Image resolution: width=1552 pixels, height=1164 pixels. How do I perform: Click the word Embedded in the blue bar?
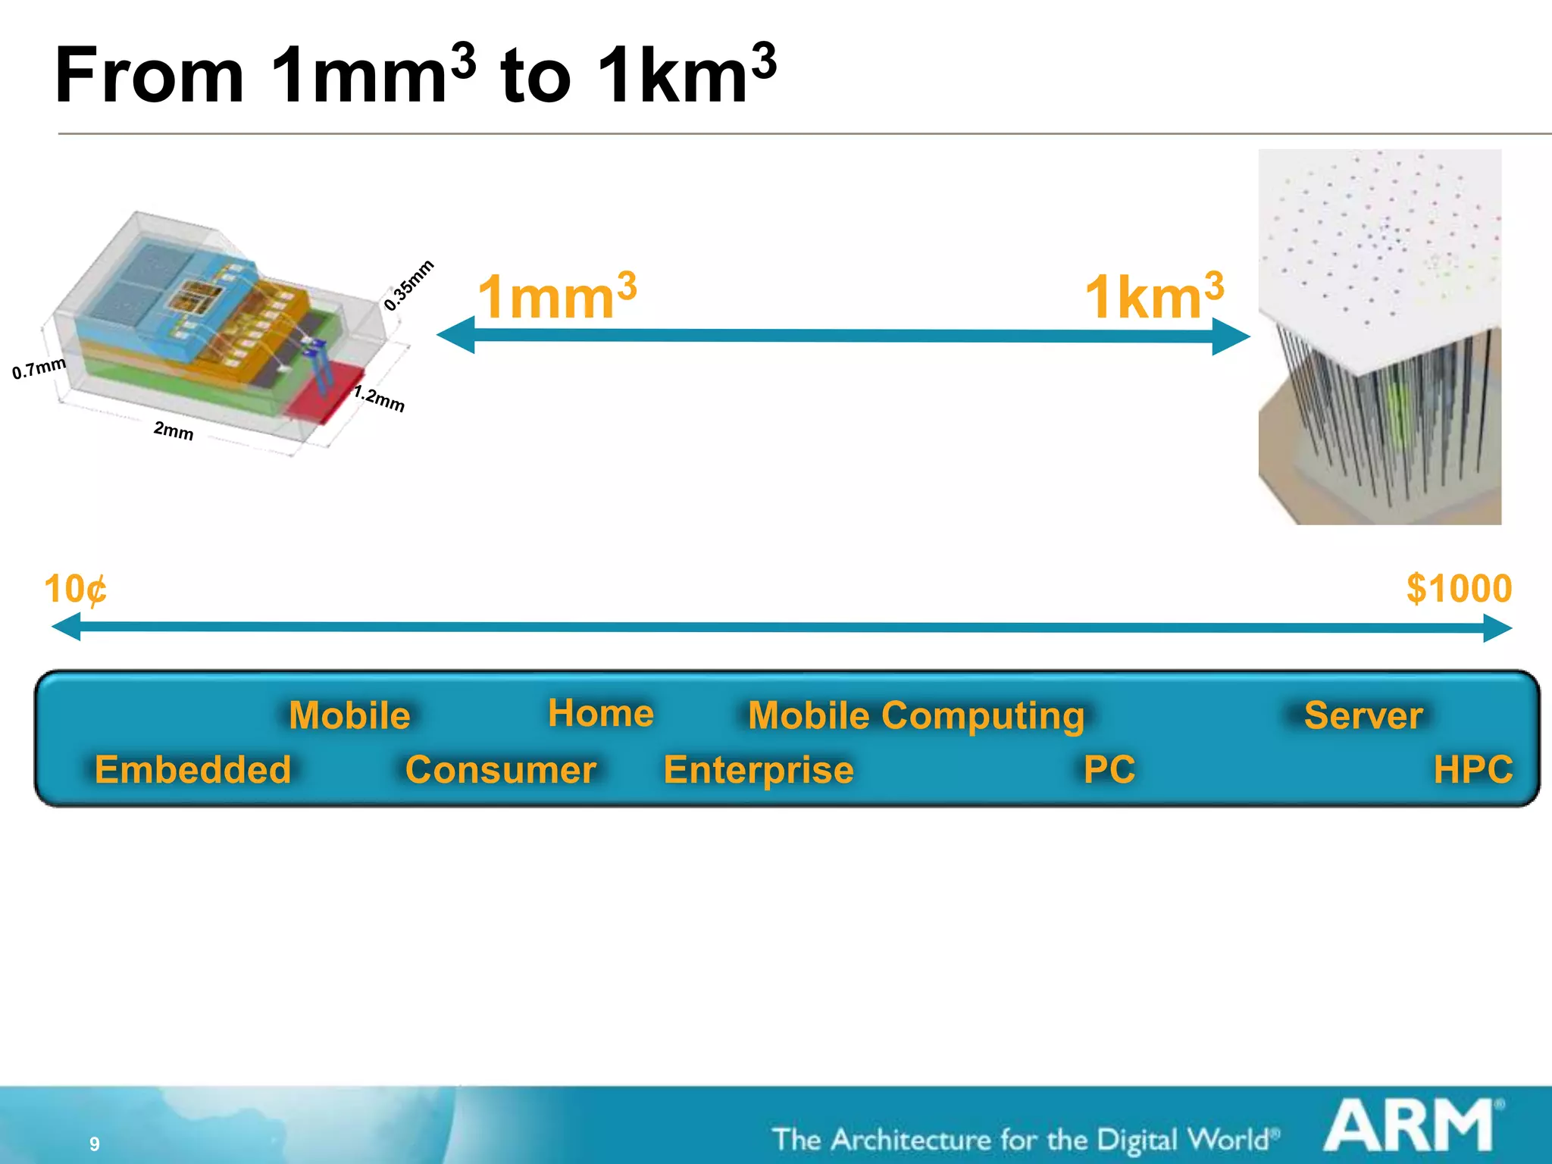[192, 770]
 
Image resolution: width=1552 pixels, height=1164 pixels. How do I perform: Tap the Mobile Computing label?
[915, 716]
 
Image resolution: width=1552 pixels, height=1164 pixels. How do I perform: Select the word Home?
[600, 714]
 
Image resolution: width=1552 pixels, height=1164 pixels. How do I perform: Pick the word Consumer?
[500, 770]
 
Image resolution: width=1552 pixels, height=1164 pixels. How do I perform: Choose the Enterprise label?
[758, 770]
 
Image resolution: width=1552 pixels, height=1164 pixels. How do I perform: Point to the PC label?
[1109, 770]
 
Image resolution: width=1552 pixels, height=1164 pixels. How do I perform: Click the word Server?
[1363, 716]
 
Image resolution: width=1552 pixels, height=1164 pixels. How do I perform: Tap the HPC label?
[1472, 770]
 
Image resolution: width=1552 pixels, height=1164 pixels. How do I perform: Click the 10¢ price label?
[75, 590]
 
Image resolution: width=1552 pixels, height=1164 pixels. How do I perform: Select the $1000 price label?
[1459, 589]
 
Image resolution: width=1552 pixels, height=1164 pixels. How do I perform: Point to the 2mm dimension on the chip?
[174, 430]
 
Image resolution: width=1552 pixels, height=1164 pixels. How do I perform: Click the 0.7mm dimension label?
[39, 368]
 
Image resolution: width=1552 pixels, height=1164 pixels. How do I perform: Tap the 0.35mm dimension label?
[408, 285]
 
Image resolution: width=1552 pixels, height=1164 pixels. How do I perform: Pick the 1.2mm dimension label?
[379, 398]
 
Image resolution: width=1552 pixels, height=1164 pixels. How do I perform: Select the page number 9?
[95, 1144]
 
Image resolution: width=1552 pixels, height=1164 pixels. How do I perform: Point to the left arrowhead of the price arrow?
[66, 627]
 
